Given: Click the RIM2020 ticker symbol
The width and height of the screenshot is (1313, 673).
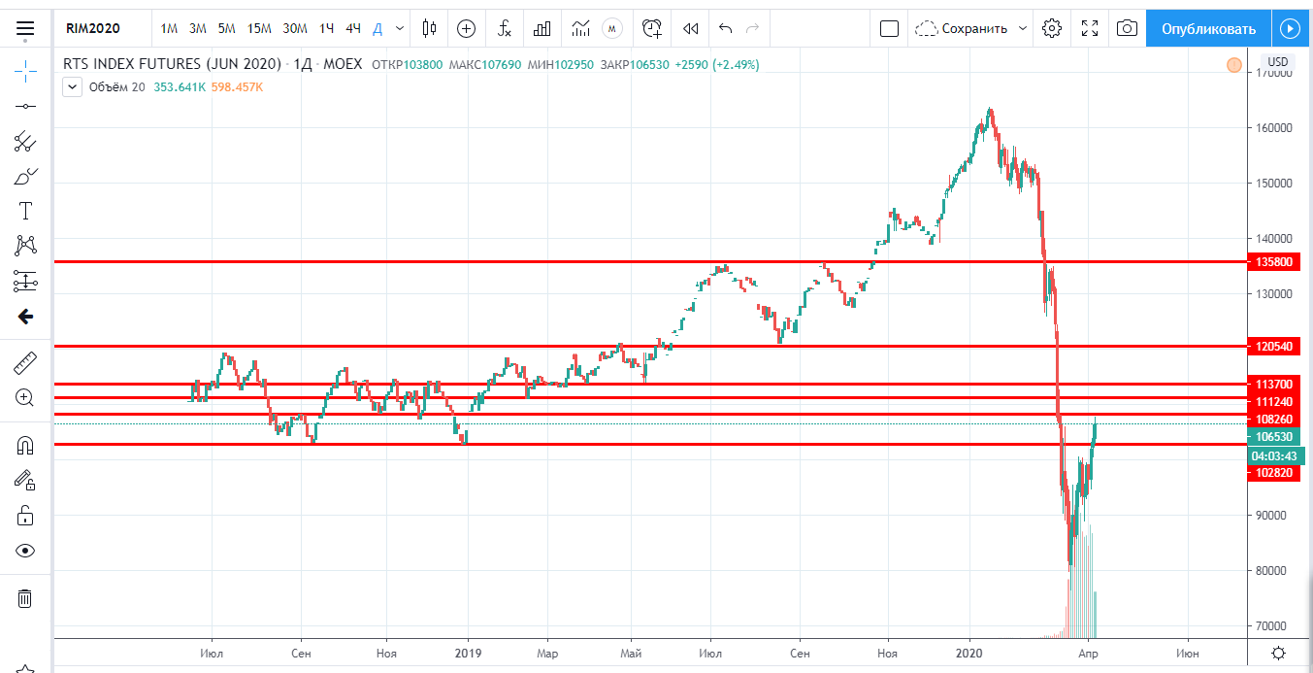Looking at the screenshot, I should [x=93, y=28].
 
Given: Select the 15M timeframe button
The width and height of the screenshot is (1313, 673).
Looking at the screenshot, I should [x=259, y=28].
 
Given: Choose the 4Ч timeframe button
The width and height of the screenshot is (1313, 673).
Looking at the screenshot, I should [x=353, y=28].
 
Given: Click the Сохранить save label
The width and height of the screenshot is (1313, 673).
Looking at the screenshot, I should [x=974, y=28].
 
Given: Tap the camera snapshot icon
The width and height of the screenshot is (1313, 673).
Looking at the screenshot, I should [x=1127, y=28].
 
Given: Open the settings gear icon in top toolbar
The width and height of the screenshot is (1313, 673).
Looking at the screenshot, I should [x=1051, y=28].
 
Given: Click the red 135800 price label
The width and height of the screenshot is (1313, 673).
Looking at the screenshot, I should [x=1273, y=262].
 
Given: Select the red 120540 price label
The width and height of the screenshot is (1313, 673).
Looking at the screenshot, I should [x=1273, y=346].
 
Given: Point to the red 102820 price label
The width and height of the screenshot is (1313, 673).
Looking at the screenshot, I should [x=1273, y=473].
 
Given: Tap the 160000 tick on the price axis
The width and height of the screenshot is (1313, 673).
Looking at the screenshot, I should [x=1275, y=128].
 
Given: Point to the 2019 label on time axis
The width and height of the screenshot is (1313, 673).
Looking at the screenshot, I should [x=469, y=653].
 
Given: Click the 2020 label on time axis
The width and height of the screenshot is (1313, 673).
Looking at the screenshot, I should [x=970, y=653].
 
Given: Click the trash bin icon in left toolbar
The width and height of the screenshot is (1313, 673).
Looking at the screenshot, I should [x=25, y=598].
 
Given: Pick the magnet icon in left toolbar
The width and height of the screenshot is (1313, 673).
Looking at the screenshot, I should [x=25, y=446].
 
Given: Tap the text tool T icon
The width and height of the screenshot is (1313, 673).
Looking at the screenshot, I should [x=25, y=211].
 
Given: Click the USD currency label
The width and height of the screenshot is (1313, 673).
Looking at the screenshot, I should [x=1277, y=63].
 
